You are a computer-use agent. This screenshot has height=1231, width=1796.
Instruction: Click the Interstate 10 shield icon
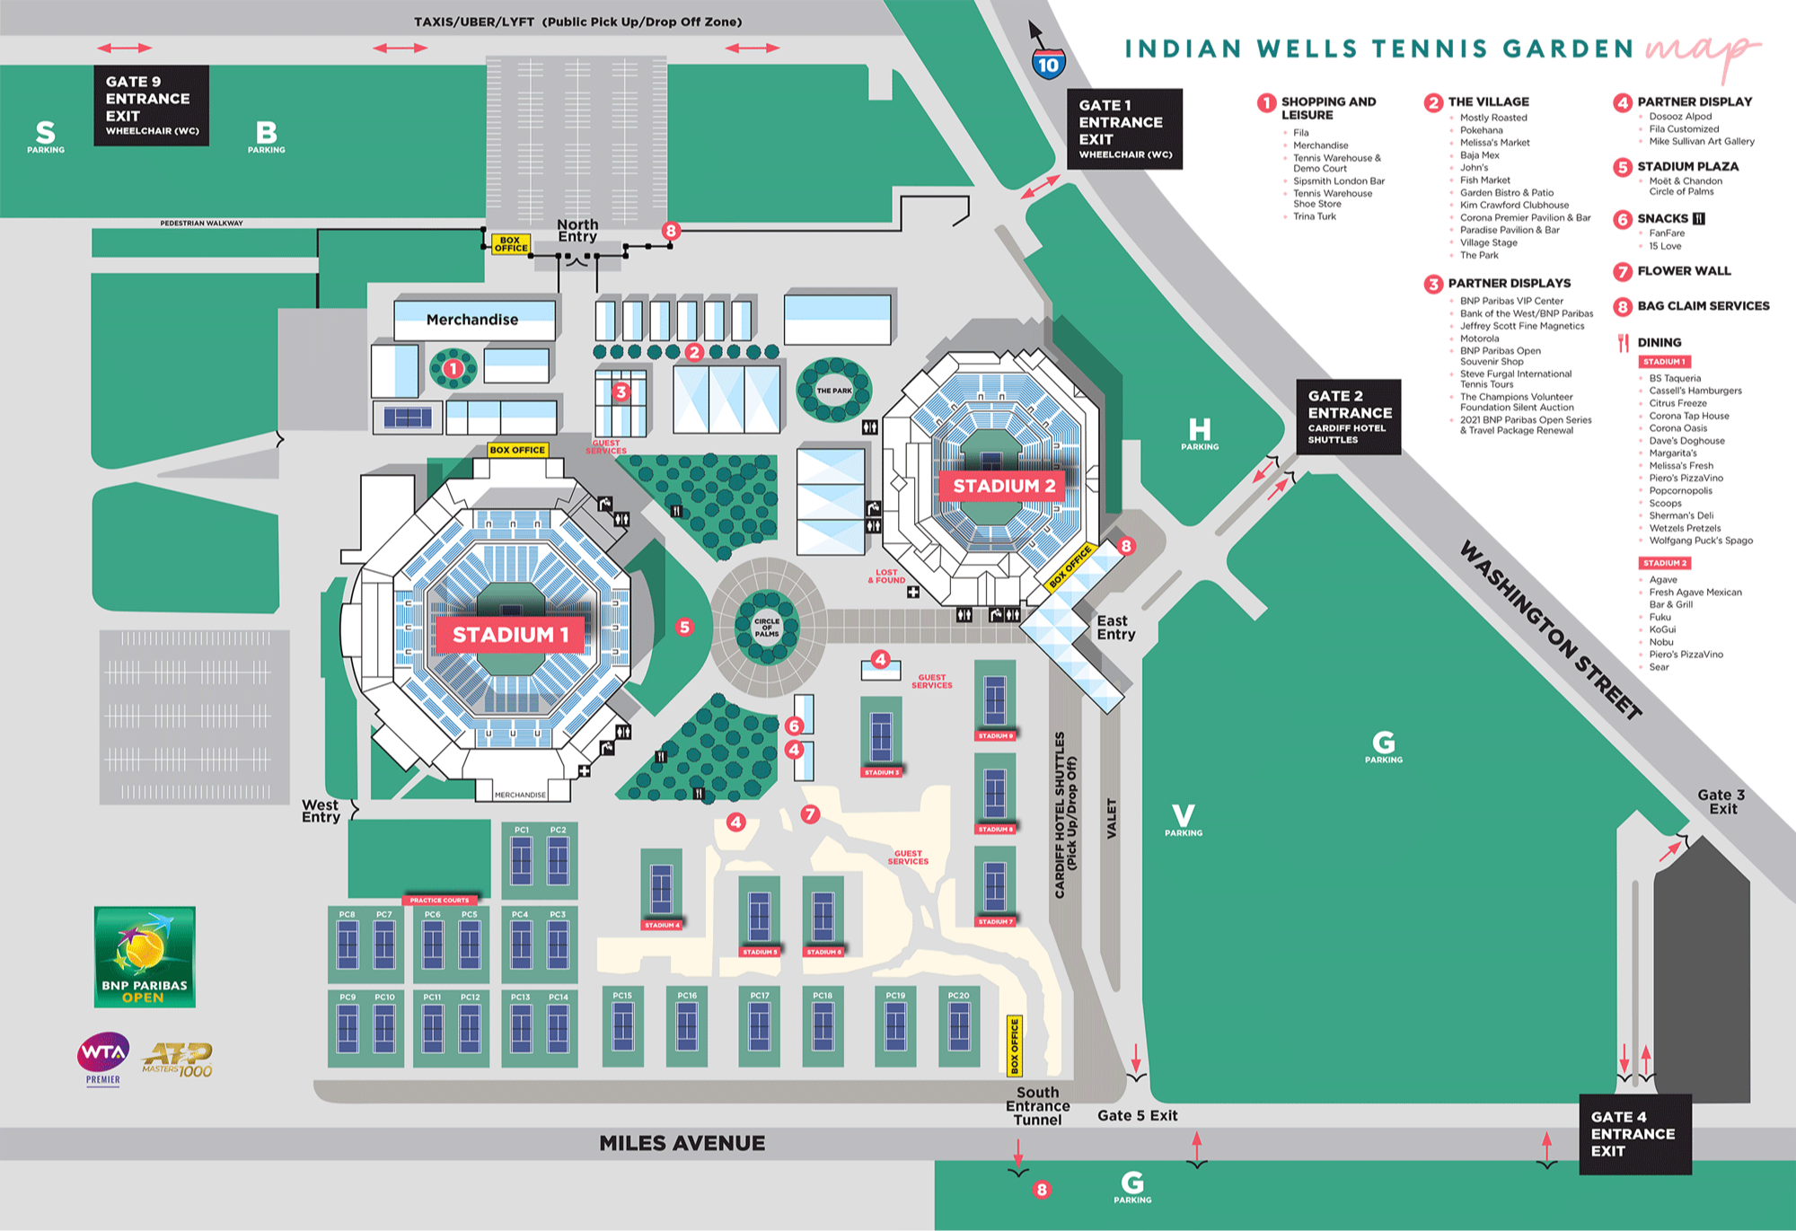coord(1048,64)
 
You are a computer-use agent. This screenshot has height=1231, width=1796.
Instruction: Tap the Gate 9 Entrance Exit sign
coord(151,105)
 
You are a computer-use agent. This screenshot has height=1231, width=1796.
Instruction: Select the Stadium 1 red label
coord(510,635)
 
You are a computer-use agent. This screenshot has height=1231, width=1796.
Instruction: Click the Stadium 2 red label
coord(1003,486)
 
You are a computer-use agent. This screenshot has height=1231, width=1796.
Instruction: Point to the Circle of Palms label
coord(767,628)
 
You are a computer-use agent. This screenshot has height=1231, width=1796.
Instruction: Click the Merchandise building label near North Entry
coord(472,320)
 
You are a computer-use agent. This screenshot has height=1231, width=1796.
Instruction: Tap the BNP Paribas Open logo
coord(145,956)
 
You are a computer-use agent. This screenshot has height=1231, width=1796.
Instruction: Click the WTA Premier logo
coord(103,1057)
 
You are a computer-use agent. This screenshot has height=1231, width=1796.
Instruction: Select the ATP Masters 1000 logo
coord(178,1060)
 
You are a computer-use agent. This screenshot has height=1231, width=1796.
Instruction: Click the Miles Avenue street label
coord(682,1143)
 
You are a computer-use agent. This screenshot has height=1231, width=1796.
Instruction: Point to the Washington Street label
coord(1551,629)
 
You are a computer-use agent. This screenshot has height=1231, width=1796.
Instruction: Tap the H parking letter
coord(1200,430)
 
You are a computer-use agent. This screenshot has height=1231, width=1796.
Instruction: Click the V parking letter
coord(1184,816)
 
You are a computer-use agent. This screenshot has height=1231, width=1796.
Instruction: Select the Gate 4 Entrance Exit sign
coord(1634,1134)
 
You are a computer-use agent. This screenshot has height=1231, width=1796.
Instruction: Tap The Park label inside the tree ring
coord(834,391)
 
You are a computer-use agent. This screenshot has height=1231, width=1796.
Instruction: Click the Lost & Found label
coord(886,576)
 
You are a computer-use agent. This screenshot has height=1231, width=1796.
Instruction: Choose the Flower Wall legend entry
coord(1683,271)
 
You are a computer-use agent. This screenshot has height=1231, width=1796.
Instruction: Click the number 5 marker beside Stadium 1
coord(684,628)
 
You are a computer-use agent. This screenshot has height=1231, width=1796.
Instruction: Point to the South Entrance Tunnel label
coord(1037,1106)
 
